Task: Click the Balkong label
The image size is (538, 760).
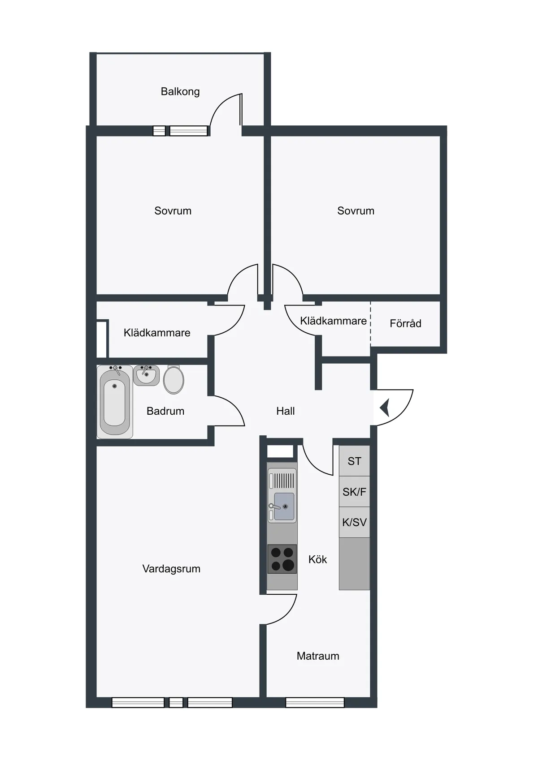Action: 180,92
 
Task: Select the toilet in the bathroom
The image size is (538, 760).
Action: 174,380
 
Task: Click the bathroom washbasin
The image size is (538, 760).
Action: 146,375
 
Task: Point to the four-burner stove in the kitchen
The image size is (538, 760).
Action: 282,559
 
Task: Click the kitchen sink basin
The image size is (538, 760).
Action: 284,506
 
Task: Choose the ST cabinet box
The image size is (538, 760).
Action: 354,461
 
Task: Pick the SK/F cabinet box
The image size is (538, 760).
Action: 354,492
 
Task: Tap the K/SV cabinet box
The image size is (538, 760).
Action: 354,522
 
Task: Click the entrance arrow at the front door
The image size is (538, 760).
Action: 385,408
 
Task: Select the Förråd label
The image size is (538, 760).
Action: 405,323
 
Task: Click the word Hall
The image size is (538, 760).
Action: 286,411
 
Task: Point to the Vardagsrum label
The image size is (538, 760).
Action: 171,569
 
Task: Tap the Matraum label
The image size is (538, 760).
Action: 318,656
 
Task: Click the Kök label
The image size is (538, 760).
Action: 317,559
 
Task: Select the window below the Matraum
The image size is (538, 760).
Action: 315,703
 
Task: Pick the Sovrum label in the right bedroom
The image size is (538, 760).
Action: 356,211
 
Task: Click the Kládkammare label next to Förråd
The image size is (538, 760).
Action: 333,321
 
